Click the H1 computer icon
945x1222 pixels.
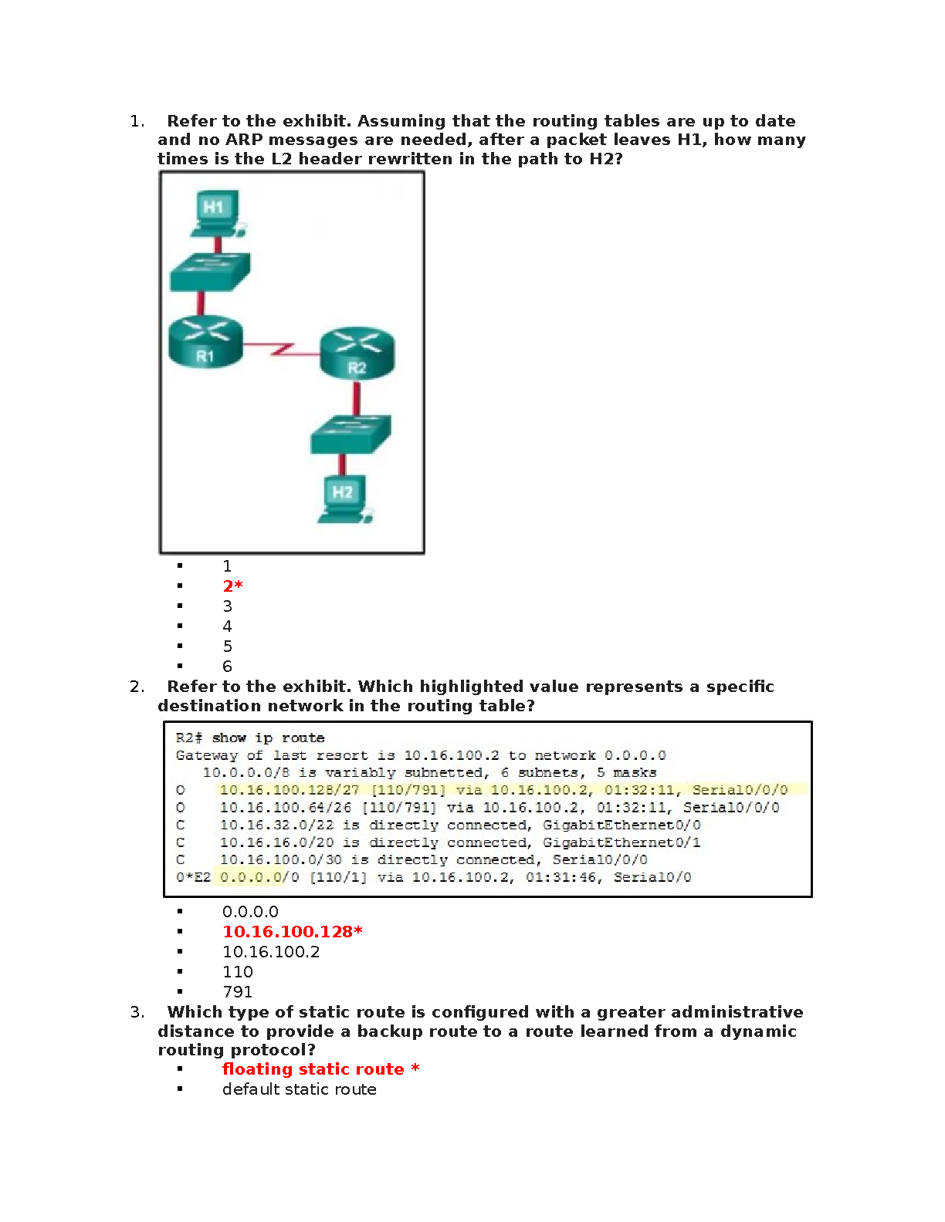tap(216, 211)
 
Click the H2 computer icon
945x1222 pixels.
tap(345, 498)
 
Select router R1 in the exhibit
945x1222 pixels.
tap(205, 341)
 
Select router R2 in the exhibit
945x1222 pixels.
tap(357, 353)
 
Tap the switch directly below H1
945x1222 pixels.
tap(209, 272)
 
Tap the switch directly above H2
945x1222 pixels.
tap(351, 434)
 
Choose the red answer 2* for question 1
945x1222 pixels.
tap(232, 586)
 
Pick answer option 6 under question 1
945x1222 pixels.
tap(227, 667)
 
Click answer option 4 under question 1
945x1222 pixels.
tap(227, 626)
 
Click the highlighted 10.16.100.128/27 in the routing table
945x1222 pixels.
tap(290, 790)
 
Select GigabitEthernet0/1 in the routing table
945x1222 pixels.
tap(622, 842)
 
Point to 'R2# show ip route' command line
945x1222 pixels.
tap(250, 738)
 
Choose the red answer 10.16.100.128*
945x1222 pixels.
tap(292, 932)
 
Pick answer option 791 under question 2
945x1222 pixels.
tap(237, 992)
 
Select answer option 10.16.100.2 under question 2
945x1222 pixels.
tap(271, 952)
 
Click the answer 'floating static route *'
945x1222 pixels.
tap(320, 1069)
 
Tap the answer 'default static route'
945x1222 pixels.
tap(300, 1089)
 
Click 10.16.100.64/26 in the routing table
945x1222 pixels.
tap(286, 808)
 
